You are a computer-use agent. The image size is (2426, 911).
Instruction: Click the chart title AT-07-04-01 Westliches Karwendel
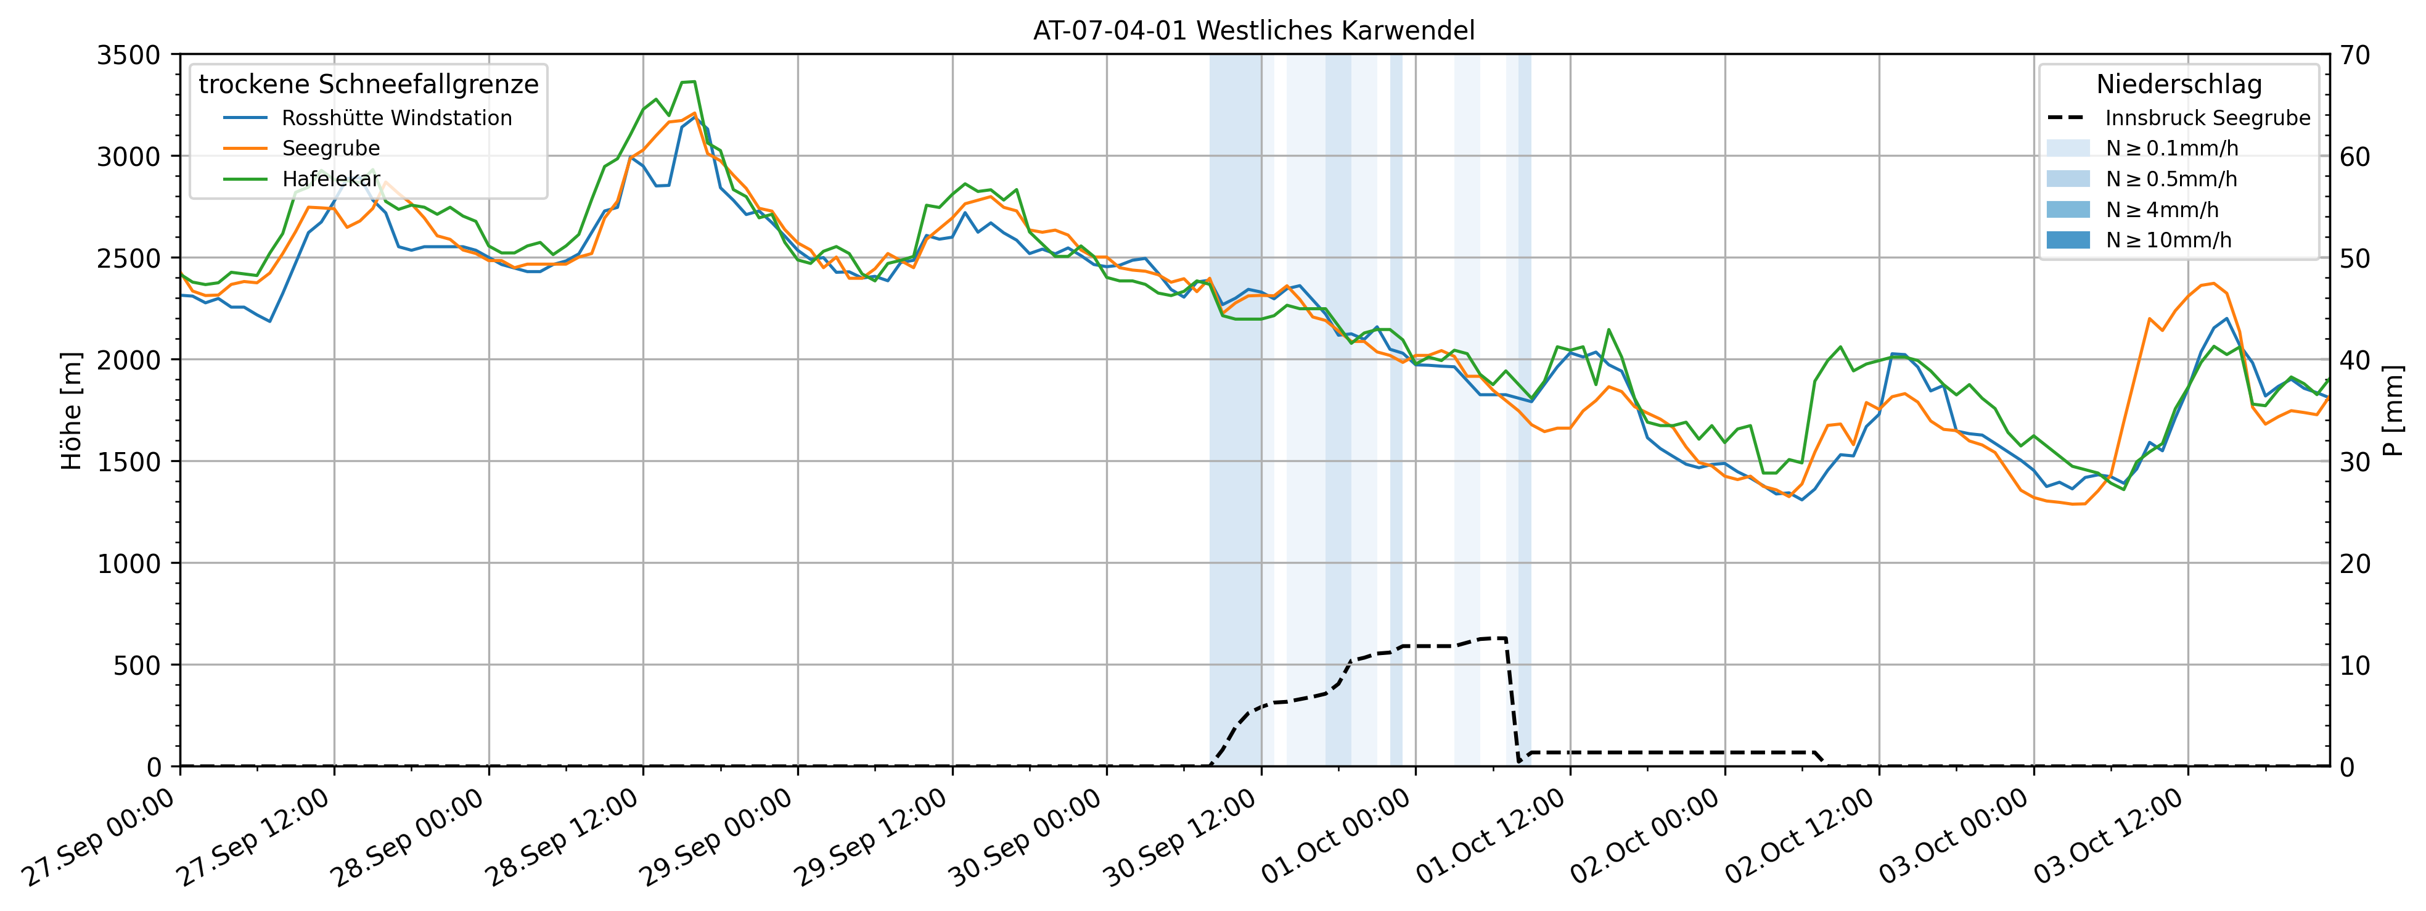[1253, 30]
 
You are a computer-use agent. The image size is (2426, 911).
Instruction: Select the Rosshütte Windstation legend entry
[396, 118]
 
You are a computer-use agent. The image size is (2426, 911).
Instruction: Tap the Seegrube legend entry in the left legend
[330, 148]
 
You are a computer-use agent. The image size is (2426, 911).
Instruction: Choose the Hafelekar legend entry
[330, 179]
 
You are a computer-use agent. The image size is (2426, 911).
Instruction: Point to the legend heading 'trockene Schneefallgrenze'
[368, 84]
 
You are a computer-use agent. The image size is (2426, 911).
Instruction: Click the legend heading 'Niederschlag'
[2178, 84]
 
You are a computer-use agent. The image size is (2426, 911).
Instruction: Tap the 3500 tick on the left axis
[129, 55]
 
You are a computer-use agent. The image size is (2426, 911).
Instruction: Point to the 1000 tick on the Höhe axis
[129, 563]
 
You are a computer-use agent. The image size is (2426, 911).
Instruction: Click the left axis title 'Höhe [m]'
[72, 411]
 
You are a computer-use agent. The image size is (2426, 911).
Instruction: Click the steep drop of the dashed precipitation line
[1512, 702]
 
